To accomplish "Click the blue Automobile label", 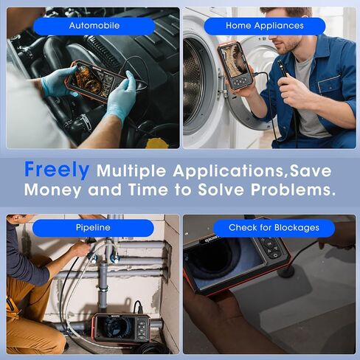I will pos(94,26).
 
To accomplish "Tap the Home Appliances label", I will pos(264,26).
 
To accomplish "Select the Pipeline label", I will pos(94,228).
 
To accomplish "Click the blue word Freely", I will pos(57,170).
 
